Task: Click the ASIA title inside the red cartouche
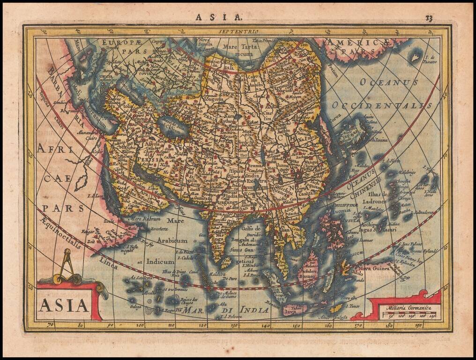tap(64, 305)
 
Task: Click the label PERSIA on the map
tap(150, 159)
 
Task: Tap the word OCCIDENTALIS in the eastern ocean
tap(382, 105)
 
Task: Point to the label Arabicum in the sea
tap(171, 240)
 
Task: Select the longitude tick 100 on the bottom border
tap(140, 324)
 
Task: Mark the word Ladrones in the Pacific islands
tap(374, 202)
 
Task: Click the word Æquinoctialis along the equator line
tap(60, 233)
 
